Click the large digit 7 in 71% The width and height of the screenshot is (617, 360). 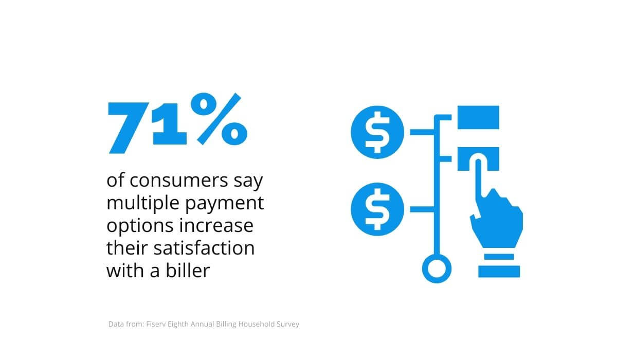click(x=129, y=128)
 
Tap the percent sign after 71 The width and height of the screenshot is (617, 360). click(x=219, y=119)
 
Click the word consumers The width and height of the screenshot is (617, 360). click(x=179, y=181)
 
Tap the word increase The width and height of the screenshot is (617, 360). click(x=216, y=226)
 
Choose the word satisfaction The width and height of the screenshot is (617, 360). click(x=204, y=248)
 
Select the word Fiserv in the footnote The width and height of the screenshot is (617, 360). click(x=156, y=324)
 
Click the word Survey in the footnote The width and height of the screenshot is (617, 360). click(x=288, y=325)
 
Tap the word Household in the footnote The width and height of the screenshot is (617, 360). click(x=257, y=324)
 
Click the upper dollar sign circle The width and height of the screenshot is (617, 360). click(x=377, y=132)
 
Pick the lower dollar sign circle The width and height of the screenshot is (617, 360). click(x=377, y=209)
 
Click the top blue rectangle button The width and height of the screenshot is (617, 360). click(x=478, y=117)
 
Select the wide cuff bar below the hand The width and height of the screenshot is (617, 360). click(x=499, y=272)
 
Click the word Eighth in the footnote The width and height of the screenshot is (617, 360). click(x=178, y=325)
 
